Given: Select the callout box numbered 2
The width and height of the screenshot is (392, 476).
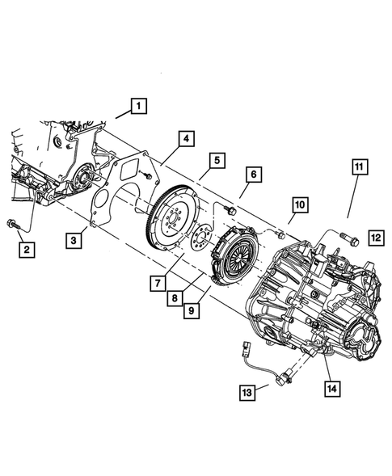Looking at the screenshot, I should tap(27, 250).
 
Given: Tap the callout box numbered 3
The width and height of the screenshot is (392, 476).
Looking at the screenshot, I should tap(74, 239).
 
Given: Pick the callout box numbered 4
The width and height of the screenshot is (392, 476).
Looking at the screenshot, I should tap(186, 140).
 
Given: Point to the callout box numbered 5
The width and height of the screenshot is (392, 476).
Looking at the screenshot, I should tap(217, 162).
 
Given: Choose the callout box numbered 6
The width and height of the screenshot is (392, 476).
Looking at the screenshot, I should tap(252, 175).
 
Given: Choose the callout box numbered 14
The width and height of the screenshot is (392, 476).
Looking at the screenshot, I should tap(332, 387).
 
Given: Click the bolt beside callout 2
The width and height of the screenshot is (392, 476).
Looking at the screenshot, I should tap(16, 224).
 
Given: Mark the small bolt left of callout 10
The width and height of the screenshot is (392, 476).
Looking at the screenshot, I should tap(278, 234).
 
